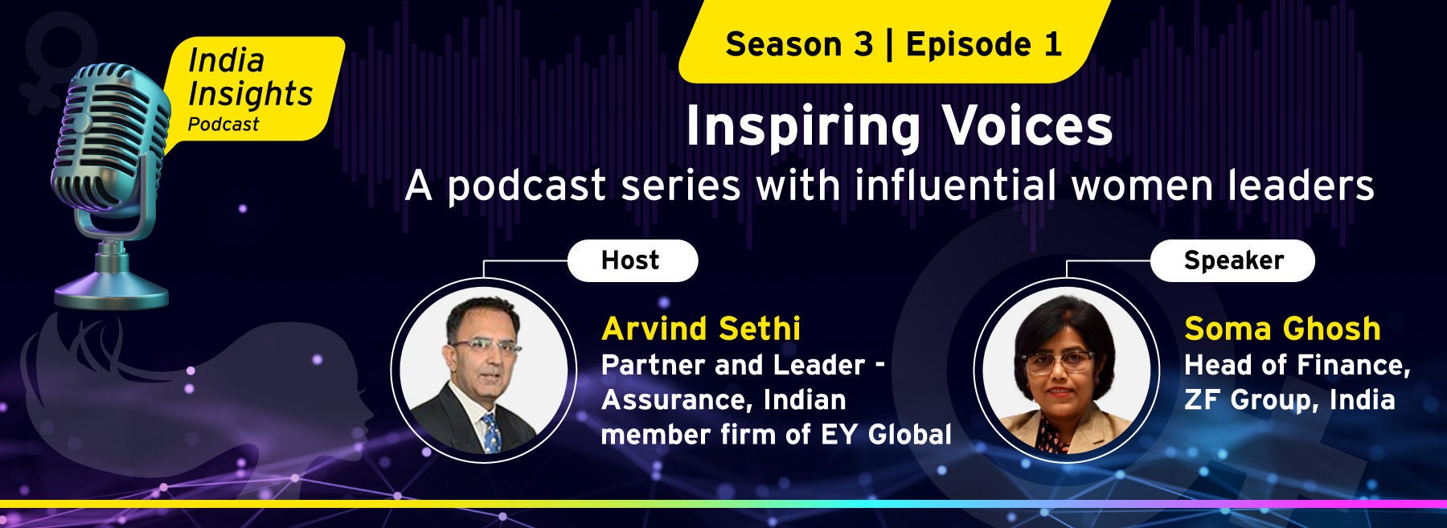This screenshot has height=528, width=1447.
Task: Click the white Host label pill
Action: [633, 260]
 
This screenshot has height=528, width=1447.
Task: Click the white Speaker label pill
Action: [1232, 260]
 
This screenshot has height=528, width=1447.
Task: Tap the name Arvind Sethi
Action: [701, 329]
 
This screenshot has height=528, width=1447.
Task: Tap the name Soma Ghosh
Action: [1282, 329]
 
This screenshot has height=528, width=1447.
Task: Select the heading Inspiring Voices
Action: [899, 127]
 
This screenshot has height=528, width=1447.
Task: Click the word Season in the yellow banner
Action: [799, 44]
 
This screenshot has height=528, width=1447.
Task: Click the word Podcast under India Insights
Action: [223, 125]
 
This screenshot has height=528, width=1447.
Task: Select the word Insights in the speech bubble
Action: [250, 95]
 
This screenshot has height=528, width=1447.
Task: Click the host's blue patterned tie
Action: [490, 432]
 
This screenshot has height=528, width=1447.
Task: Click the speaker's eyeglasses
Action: [1060, 362]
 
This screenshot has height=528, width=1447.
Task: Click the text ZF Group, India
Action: [1289, 400]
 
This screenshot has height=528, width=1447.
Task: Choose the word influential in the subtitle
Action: [955, 186]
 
